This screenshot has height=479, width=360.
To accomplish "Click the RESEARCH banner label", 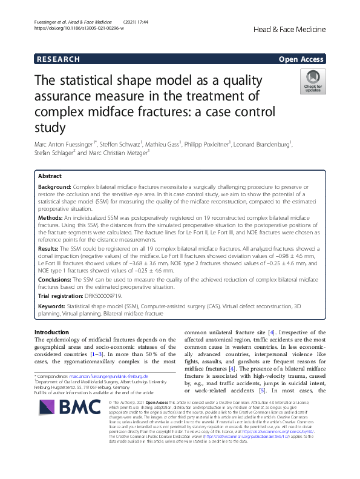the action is click(58, 59).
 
